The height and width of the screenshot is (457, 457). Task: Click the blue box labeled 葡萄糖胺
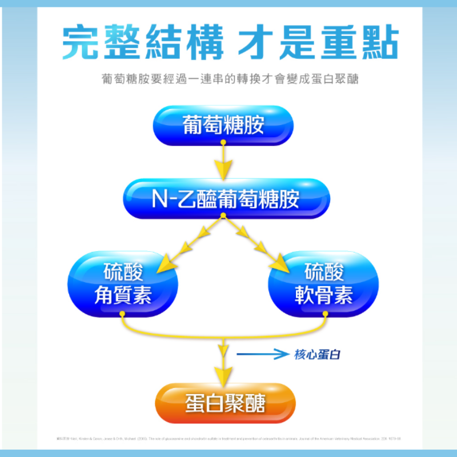tap(224, 125)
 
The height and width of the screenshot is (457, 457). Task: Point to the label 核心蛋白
tap(317, 355)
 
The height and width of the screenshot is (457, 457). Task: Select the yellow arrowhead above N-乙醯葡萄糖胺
tap(224, 169)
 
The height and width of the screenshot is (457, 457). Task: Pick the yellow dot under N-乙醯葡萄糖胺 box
tap(224, 216)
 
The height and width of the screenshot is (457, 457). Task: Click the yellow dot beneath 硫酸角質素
tap(122, 313)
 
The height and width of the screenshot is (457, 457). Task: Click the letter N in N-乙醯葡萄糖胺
tap(160, 199)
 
